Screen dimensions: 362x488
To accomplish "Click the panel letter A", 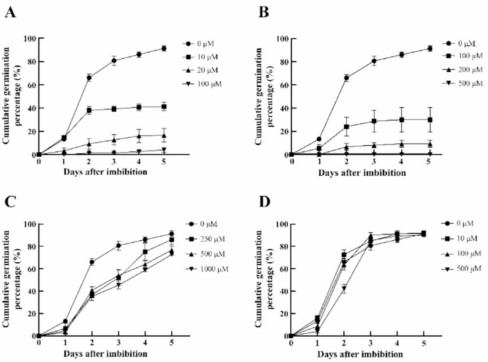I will (11, 12).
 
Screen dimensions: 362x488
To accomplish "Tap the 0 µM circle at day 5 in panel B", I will (430, 49).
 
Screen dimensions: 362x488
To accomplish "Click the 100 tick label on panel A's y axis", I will (30, 39).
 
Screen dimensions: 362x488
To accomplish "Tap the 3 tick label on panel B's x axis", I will (373, 164).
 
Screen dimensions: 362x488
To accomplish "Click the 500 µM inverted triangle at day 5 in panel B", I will (430, 155).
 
